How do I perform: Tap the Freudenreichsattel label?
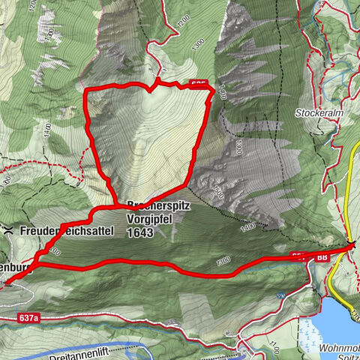pyautogui.click(x=67, y=231)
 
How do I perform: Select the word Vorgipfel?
pyautogui.click(x=150, y=218)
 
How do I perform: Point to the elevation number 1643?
pyautogui.click(x=139, y=232)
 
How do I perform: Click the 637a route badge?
pyautogui.click(x=26, y=319)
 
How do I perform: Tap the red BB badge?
pyautogui.click(x=322, y=256)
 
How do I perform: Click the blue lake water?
pyautogui.click(x=337, y=315)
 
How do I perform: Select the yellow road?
pyautogui.click(x=354, y=195)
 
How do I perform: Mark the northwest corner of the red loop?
pyautogui.click(x=89, y=91)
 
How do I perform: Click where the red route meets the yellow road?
pyautogui.click(x=351, y=245)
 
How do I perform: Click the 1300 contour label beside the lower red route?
pyautogui.click(x=222, y=261)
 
